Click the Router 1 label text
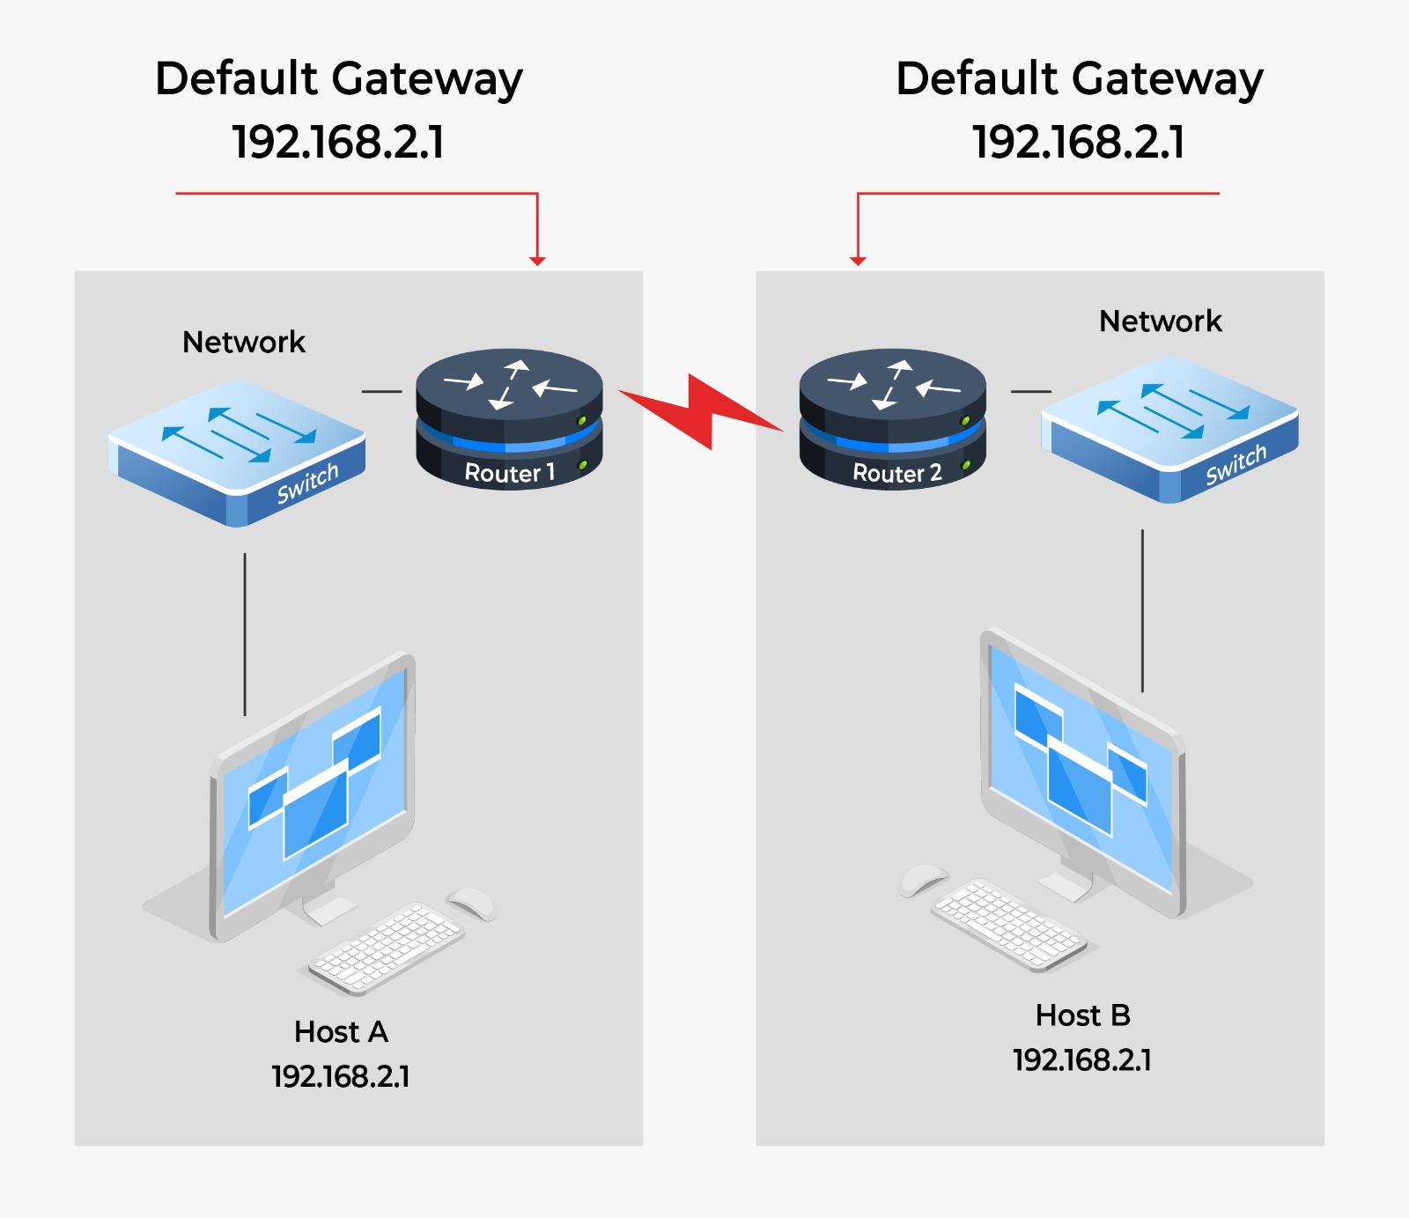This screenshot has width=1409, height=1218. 509,473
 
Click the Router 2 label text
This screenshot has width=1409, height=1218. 896,473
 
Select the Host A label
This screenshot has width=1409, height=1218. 341,1031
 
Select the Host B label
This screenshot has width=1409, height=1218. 1082,1015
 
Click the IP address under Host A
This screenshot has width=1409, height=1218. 341,1076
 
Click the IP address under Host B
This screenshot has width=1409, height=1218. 1082,1059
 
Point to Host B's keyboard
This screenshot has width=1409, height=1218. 1008,925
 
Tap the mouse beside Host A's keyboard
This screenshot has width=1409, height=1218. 473,902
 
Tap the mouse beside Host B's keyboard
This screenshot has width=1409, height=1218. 922,878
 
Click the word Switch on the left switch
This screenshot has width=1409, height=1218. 307,484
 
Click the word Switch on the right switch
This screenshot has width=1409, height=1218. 1236,464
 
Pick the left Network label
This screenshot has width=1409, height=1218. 244,342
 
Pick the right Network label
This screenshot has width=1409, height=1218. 1160,321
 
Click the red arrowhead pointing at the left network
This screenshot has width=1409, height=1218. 537,261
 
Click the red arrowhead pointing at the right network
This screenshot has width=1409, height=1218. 858,261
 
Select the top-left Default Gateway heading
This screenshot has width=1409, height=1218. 338,79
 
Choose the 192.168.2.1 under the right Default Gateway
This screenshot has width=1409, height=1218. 1078,142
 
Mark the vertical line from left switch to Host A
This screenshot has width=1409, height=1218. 245,634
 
